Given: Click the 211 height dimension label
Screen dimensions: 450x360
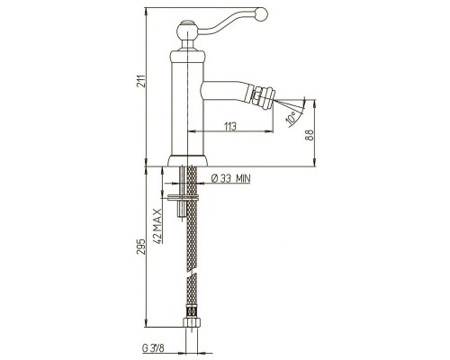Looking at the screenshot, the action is tap(140, 80).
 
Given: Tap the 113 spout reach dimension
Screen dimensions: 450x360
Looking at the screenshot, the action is tap(230, 126).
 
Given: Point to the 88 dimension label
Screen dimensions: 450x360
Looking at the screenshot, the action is tap(310, 135).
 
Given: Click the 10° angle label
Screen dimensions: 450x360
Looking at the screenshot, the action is tap(292, 117).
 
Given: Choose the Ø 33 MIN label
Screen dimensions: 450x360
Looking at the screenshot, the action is tap(230, 178).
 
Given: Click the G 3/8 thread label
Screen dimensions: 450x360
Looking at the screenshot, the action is tap(153, 348).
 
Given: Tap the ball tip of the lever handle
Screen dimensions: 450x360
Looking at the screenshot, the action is tap(260, 13).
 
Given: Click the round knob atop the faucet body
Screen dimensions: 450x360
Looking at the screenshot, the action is tap(186, 29).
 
